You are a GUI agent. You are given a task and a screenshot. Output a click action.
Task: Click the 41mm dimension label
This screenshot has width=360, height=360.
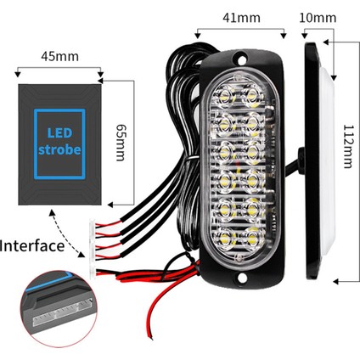239,16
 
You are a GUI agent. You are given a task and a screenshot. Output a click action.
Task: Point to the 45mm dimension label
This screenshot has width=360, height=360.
59,57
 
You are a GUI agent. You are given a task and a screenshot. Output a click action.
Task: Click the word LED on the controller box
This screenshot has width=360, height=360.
58,133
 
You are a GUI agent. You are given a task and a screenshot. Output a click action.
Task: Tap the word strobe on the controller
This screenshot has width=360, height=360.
59,150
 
